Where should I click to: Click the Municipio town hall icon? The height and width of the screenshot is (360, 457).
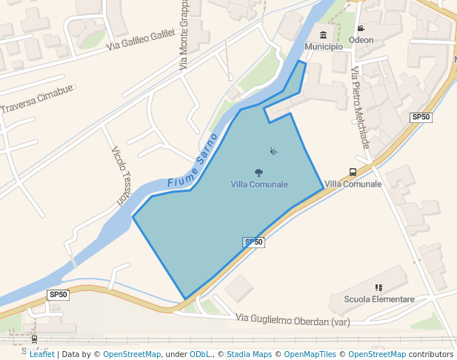(323, 35)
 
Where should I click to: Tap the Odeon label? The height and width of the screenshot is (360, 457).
(361, 40)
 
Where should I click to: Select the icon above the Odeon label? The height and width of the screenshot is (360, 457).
(361, 28)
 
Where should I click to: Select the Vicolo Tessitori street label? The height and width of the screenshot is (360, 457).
(120, 176)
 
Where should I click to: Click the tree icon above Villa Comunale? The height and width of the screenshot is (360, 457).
(258, 173)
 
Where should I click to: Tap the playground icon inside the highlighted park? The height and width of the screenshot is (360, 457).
(274, 151)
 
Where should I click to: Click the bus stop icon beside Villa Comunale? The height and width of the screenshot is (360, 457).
(353, 172)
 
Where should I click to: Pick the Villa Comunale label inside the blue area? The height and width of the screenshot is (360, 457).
(259, 184)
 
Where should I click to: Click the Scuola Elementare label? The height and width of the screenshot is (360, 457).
(379, 299)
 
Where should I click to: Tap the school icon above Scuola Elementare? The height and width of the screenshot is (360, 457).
(379, 287)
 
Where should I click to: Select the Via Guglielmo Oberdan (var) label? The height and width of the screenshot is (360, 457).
(293, 319)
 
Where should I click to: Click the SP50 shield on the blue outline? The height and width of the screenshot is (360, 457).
(254, 242)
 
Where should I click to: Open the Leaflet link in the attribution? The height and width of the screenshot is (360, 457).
(41, 355)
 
